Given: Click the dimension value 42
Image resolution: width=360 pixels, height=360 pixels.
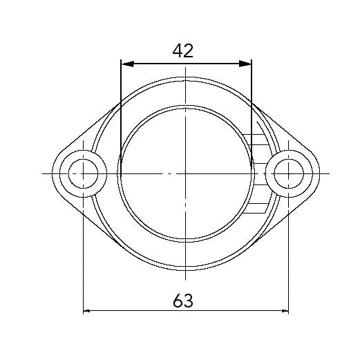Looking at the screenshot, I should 183,50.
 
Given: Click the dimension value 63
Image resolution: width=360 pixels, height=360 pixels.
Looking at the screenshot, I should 182,301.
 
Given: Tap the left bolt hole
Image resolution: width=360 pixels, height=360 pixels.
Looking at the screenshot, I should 84,173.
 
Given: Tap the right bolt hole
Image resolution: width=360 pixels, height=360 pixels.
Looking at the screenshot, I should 289,173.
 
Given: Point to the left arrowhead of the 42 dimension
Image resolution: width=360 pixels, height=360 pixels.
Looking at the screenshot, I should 125,64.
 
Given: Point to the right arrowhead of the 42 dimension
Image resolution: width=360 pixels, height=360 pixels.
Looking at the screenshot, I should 247,64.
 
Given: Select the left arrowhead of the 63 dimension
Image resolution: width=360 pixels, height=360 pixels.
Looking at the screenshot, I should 88,312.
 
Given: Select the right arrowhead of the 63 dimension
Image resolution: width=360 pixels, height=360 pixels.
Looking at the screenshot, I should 285,312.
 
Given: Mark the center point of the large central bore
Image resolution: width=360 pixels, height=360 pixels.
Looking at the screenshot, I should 186,173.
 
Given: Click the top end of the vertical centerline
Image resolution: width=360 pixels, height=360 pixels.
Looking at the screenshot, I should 186,68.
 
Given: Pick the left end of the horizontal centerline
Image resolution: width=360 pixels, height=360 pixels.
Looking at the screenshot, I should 44,173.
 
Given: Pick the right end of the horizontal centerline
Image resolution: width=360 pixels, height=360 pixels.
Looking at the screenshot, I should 329,173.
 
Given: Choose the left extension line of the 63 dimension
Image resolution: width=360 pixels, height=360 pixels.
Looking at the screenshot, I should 84,256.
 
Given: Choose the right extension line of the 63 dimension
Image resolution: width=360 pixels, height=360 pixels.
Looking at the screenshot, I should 289,256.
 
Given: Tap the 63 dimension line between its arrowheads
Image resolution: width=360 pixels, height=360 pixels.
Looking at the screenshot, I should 138,312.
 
